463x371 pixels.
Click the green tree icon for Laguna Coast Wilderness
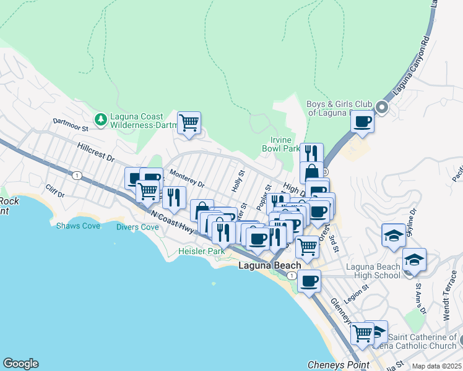(100, 117)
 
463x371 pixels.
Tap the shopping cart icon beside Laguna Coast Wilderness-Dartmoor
(189, 122)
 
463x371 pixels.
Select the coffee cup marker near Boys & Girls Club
(363, 121)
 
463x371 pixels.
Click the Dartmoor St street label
(71, 124)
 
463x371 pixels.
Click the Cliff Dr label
(55, 190)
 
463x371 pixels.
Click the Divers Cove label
(137, 227)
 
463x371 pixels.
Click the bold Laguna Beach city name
(270, 265)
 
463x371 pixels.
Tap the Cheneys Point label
(339, 365)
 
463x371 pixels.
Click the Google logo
(20, 364)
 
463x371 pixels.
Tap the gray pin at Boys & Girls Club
(382, 108)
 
